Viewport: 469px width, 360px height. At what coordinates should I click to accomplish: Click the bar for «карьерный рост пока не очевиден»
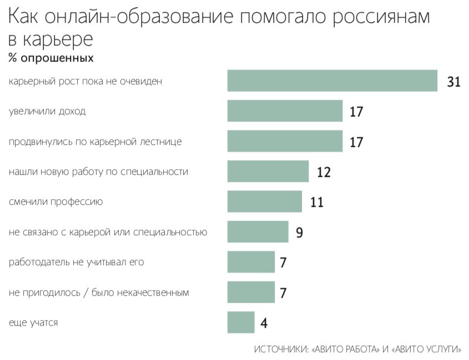332,81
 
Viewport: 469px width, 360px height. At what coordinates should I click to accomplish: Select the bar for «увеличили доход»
285,111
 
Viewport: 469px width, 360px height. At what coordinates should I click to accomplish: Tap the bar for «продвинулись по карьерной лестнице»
285,141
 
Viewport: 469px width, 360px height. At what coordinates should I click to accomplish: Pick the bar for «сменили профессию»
265,201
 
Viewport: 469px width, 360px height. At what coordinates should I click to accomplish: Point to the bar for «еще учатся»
241,322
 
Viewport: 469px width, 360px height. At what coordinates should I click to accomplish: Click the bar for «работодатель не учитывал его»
251,262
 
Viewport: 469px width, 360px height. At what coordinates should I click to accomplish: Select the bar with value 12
268,171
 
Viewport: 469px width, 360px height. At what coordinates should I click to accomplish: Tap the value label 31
454,82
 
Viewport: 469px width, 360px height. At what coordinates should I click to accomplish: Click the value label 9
299,232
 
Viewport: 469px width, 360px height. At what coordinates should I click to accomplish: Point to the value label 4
265,322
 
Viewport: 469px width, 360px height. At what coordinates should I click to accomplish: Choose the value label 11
317,202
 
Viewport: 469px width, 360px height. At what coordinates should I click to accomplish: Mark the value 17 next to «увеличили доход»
356,112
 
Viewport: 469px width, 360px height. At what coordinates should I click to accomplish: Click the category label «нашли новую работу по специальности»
99,171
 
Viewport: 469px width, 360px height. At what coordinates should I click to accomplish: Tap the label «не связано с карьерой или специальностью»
108,232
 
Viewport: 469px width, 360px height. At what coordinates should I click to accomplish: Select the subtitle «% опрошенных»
51,58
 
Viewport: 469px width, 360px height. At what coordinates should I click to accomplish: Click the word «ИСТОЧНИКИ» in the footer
281,349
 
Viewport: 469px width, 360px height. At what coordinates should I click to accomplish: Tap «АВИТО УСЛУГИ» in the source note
427,349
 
